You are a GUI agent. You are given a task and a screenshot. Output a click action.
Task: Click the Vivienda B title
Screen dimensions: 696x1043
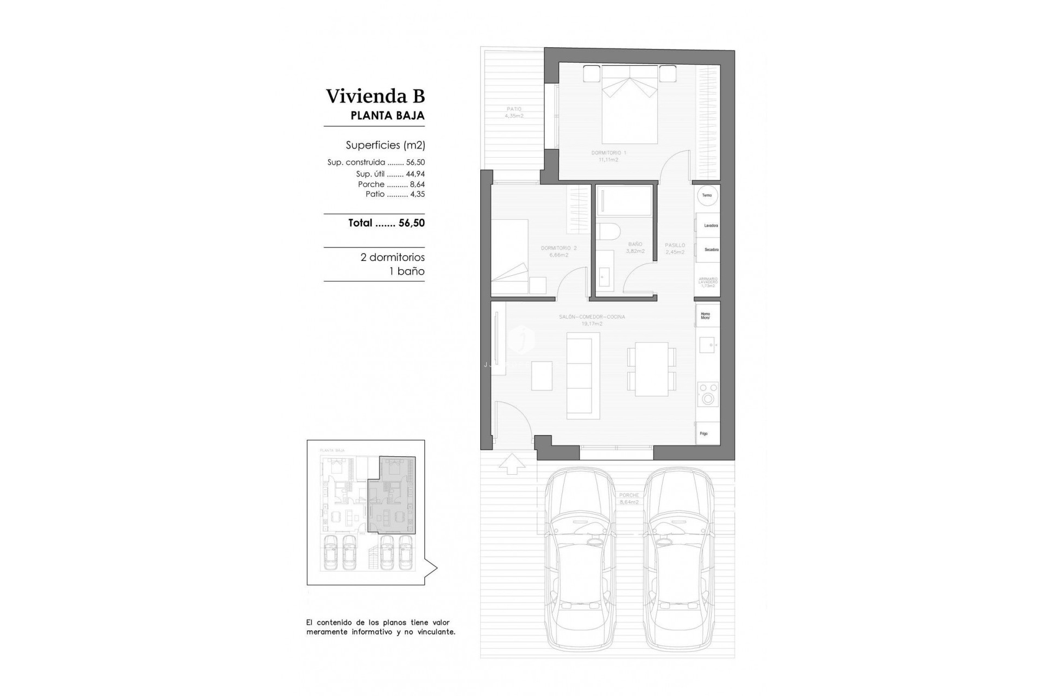pyautogui.click(x=375, y=96)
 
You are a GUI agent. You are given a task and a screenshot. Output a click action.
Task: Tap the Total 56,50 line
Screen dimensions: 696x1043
pyautogui.click(x=386, y=223)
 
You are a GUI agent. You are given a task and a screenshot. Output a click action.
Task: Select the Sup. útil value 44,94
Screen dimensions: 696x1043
pyautogui.click(x=415, y=174)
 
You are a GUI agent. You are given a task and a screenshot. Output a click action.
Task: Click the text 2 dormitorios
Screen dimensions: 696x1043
pyautogui.click(x=392, y=257)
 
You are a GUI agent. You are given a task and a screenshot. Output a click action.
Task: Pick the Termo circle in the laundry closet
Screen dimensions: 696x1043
pyautogui.click(x=707, y=195)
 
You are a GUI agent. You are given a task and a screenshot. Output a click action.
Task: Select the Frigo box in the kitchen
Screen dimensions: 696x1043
pyautogui.click(x=708, y=433)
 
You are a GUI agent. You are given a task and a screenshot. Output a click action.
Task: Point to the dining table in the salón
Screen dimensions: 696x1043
pyautogui.click(x=651, y=369)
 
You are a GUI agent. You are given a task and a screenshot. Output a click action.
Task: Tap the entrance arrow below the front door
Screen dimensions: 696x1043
pyautogui.click(x=512, y=464)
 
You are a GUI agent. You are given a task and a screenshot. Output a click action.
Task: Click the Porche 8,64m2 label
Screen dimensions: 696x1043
pyautogui.click(x=629, y=499)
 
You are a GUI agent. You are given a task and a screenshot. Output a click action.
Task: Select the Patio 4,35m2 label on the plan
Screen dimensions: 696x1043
pyautogui.click(x=513, y=113)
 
